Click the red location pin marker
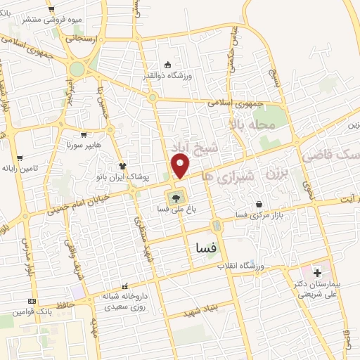181,166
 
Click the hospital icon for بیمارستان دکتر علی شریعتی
316,271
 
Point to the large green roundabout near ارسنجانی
77,68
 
